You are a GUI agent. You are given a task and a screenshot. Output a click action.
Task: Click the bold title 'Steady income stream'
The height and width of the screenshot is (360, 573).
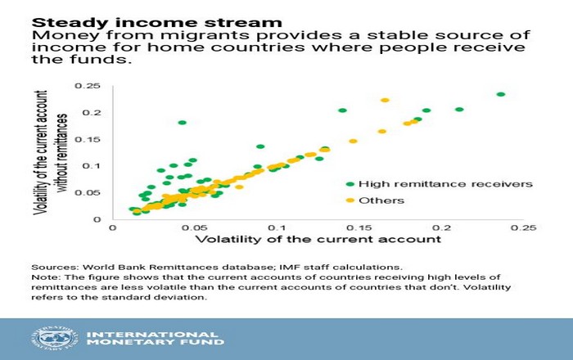[157, 23]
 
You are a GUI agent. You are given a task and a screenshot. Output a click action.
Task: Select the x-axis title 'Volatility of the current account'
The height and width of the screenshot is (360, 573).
[318, 240]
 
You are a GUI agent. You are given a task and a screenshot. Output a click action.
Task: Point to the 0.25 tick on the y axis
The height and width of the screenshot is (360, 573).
[88, 86]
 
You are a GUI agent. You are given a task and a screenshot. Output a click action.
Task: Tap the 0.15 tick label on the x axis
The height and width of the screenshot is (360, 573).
[359, 228]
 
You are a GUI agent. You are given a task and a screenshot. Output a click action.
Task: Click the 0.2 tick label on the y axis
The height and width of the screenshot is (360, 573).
[92, 113]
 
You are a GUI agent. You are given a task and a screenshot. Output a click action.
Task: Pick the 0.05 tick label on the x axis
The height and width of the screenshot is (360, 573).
[195, 228]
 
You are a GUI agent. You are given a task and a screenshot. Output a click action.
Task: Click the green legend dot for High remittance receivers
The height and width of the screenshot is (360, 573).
[350, 184]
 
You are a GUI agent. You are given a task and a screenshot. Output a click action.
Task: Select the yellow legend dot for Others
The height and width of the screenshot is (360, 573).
[350, 200]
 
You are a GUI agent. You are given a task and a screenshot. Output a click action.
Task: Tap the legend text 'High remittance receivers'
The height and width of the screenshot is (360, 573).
[445, 184]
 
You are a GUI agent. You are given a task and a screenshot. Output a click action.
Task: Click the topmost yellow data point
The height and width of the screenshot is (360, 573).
[385, 100]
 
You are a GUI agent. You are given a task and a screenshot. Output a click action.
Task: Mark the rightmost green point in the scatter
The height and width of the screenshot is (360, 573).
[501, 94]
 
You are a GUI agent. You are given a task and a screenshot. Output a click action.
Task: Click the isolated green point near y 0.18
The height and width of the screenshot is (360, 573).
[182, 123]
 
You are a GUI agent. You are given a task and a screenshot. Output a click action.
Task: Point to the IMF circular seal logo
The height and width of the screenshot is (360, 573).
[55, 338]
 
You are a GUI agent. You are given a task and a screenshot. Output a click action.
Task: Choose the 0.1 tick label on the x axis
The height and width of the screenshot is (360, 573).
[277, 228]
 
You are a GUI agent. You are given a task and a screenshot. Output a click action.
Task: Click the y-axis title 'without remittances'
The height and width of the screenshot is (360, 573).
[62, 153]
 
